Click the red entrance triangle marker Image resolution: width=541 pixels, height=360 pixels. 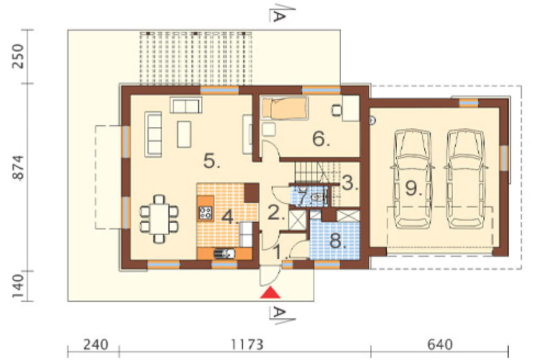pyautogui.click(x=270, y=292)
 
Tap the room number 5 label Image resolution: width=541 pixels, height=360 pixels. pyautogui.click(x=211, y=160)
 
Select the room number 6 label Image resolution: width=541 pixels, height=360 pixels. pyautogui.click(x=321, y=139)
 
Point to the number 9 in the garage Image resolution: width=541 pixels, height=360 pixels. pyautogui.click(x=413, y=188)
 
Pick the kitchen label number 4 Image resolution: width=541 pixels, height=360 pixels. pyautogui.click(x=229, y=217)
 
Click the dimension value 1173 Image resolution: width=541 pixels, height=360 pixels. pyautogui.click(x=247, y=345)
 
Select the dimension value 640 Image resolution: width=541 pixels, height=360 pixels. pyautogui.click(x=440, y=345)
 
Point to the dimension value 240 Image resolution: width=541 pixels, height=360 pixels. pyautogui.click(x=96, y=345)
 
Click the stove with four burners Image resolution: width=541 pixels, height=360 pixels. pyautogui.click(x=206, y=213)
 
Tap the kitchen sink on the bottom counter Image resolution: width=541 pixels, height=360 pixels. pyautogui.click(x=224, y=254)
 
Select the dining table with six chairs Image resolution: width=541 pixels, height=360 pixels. pyautogui.click(x=158, y=219)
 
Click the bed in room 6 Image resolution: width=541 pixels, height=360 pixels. pyautogui.click(x=284, y=108)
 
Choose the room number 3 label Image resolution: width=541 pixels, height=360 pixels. pyautogui.click(x=350, y=183)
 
